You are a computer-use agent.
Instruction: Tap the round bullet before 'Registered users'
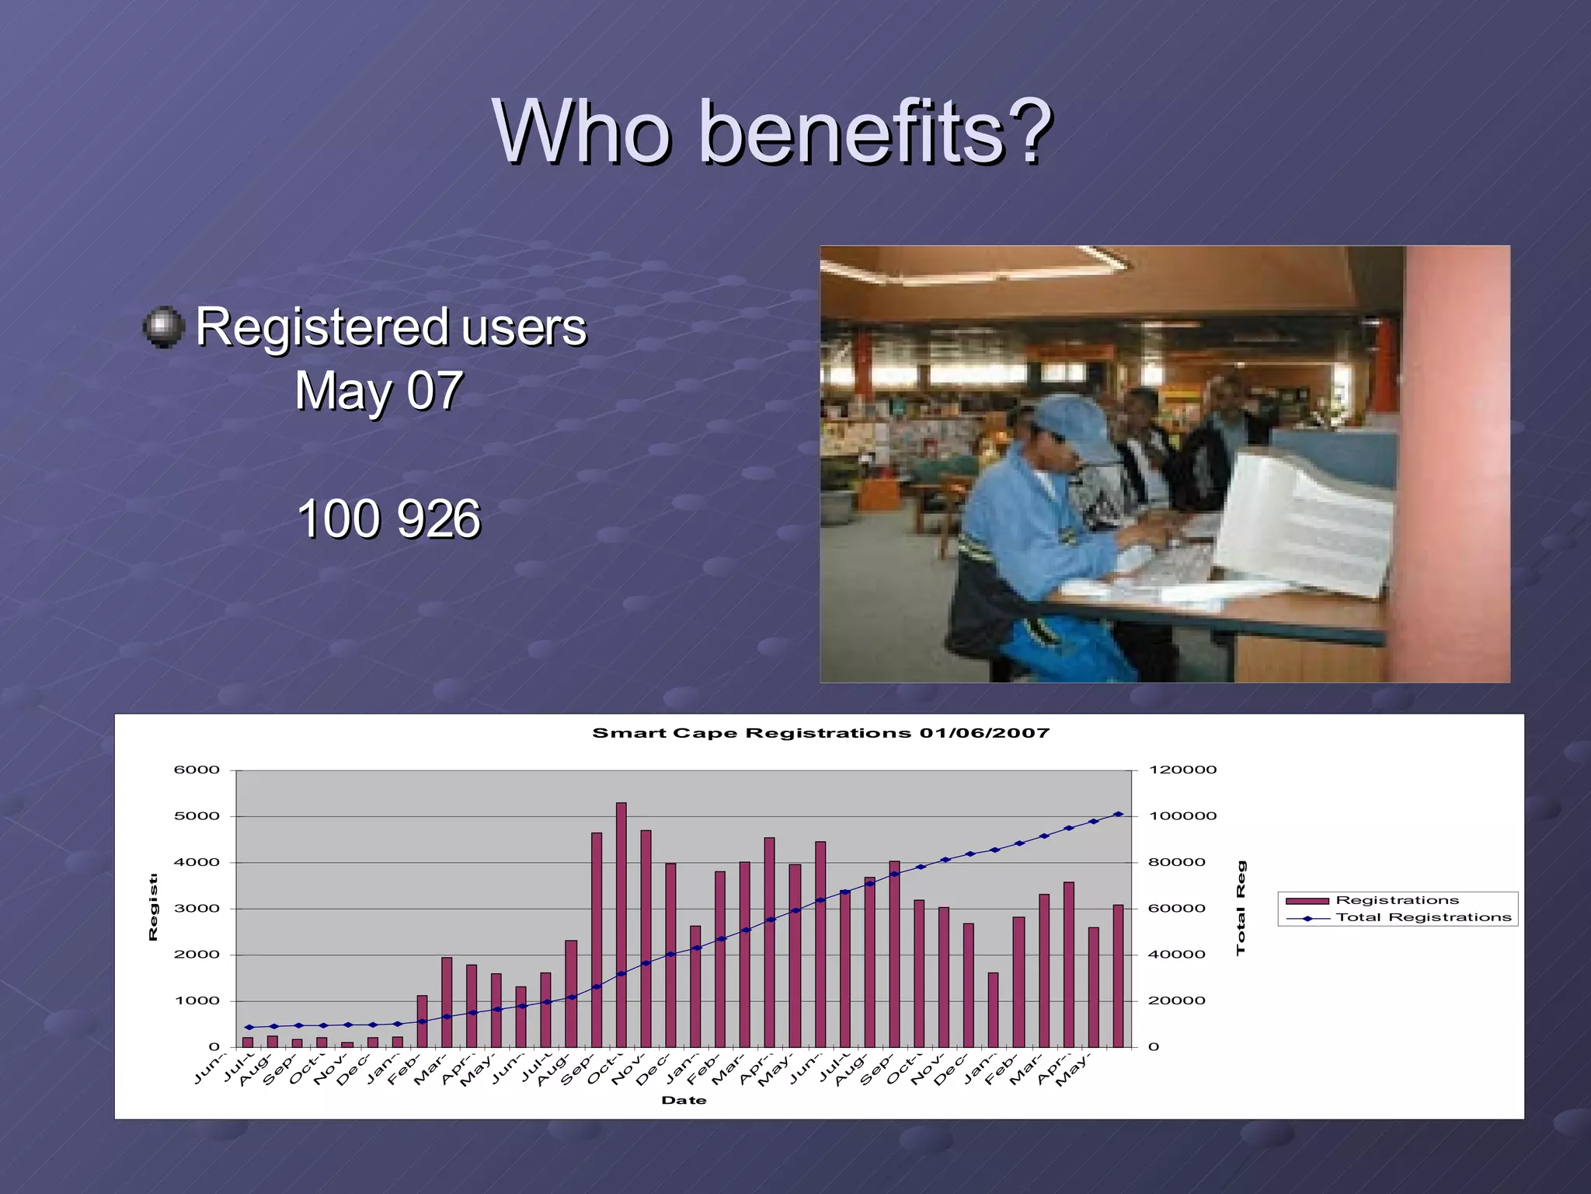click(x=164, y=326)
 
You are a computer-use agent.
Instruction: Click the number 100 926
click(x=388, y=518)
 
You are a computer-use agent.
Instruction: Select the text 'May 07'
click(x=378, y=390)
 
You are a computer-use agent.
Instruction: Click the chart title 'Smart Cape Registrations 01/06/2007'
click(x=820, y=733)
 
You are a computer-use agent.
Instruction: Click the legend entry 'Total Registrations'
click(x=1423, y=917)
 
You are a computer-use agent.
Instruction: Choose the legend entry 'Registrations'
click(x=1397, y=900)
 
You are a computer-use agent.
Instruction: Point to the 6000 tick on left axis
click(x=197, y=770)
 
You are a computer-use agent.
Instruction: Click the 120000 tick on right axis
click(x=1182, y=770)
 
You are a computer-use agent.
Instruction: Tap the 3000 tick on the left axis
click(x=197, y=908)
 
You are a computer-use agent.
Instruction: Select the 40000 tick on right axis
click(x=1177, y=955)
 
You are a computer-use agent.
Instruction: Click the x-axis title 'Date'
click(x=684, y=1100)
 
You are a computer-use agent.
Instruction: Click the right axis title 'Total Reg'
click(x=1241, y=908)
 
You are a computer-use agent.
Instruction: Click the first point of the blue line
click(x=249, y=1028)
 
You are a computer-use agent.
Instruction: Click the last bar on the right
click(x=1118, y=976)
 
